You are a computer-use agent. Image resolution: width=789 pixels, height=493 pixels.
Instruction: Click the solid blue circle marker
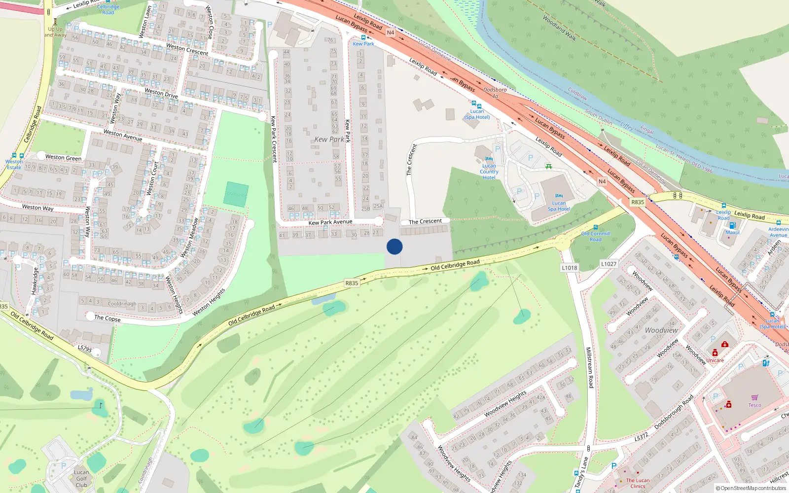coord(394,246)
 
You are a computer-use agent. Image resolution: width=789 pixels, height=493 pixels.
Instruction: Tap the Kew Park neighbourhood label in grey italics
coord(329,140)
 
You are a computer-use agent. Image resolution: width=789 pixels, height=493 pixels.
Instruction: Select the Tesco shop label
coord(754,405)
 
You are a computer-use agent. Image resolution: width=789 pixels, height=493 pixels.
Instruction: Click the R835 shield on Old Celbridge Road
coord(352,283)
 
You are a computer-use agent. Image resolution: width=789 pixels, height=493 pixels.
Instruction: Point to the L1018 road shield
coord(569,268)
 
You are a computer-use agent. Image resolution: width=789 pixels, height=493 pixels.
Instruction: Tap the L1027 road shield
coord(609,264)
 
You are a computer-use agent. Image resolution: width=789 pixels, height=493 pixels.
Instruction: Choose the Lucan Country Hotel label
coord(489,172)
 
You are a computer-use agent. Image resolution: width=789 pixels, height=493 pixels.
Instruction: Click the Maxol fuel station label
coord(732,233)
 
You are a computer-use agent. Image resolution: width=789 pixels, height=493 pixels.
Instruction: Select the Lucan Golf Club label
coord(81,478)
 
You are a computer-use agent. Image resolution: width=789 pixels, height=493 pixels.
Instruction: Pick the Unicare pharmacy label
coord(715,360)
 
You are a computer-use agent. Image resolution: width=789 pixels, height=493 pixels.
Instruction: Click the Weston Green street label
coord(63,158)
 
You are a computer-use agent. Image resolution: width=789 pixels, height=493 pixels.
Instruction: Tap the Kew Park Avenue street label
coord(330,222)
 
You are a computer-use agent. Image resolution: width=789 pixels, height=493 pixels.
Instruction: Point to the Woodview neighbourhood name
coord(661,330)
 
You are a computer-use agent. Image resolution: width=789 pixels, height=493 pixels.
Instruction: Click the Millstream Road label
coord(589,367)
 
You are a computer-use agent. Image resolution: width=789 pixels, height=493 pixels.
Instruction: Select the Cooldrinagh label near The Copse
coord(122,304)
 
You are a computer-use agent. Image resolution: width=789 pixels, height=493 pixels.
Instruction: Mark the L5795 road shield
coord(85,349)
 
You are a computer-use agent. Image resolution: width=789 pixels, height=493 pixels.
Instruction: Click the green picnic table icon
coord(548,167)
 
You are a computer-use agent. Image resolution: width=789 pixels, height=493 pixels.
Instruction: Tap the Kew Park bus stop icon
coord(363,37)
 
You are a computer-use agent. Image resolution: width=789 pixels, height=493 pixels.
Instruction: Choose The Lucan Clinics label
coord(638,483)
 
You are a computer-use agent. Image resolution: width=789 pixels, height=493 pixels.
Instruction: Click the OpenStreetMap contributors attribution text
coord(751,488)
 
